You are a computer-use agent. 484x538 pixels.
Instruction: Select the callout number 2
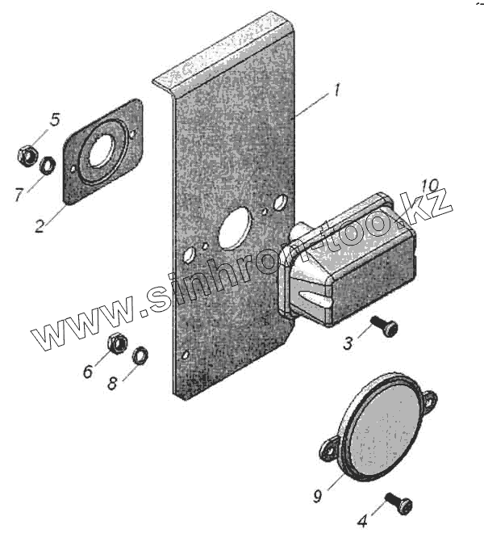coord(39,226)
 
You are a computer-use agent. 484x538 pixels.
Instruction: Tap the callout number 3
coord(348,343)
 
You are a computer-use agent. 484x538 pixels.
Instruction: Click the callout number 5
coord(55,120)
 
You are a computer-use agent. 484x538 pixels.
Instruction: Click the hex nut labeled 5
coord(25,152)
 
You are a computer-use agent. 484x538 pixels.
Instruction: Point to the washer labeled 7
coord(47,166)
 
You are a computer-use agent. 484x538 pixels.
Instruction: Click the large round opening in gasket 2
coord(101,150)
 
